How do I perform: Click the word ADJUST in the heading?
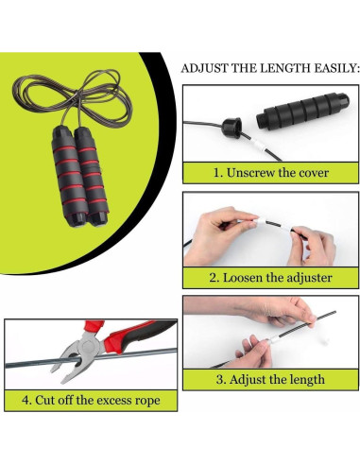click(x=202, y=69)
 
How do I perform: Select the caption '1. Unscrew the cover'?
click(x=269, y=173)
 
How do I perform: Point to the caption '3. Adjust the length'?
click(x=269, y=380)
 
